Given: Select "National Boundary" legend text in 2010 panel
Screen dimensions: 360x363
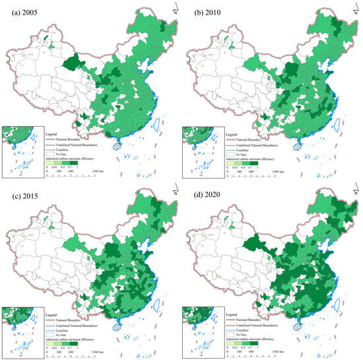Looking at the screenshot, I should click(249, 140).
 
